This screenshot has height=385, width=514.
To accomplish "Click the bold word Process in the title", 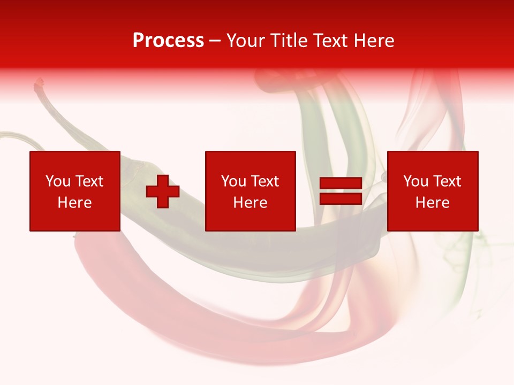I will pos(168,41).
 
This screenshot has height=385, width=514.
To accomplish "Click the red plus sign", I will pos(163,191).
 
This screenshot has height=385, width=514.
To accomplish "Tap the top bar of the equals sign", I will pos(341,183).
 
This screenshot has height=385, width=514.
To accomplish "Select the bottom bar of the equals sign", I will pos(341,199).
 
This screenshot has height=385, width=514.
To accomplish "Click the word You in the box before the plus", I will pos(58,181).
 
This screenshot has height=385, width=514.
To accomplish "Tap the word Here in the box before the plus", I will pos(75,203).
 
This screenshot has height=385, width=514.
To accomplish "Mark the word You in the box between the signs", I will pos(233,181).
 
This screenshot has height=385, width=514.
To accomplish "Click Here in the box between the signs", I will pos(251,203).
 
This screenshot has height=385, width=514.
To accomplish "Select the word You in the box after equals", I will pos(415,181).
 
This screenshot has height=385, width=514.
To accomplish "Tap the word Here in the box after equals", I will pos(433,203).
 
